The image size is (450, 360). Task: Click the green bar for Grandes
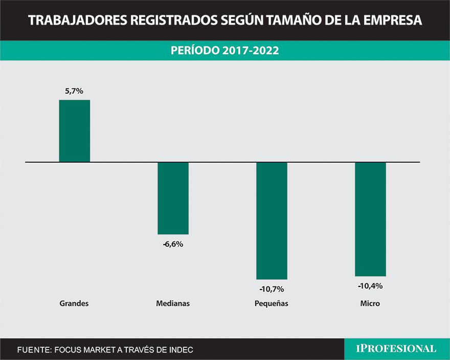pyautogui.click(x=75, y=131)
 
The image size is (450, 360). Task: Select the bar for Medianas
pyautogui.click(x=173, y=198)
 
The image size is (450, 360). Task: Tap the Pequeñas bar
pyautogui.click(x=272, y=220)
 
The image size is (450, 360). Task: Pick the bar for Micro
pyautogui.click(x=370, y=219)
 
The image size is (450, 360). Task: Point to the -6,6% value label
pyautogui.click(x=173, y=244)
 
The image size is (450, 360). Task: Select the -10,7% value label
pyautogui.click(x=272, y=289)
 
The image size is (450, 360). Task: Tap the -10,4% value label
pyautogui.click(x=370, y=286)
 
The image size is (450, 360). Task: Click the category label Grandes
pyautogui.click(x=74, y=303)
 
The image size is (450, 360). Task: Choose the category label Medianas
pyautogui.click(x=173, y=303)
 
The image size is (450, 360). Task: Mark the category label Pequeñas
pyautogui.click(x=272, y=303)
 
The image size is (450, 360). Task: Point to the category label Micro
pyautogui.click(x=370, y=303)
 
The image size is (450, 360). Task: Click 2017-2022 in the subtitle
pyautogui.click(x=250, y=51)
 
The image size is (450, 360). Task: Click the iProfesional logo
pyautogui.click(x=396, y=349)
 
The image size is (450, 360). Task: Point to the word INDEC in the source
pyautogui.click(x=179, y=350)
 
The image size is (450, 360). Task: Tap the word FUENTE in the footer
pyautogui.click(x=33, y=350)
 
